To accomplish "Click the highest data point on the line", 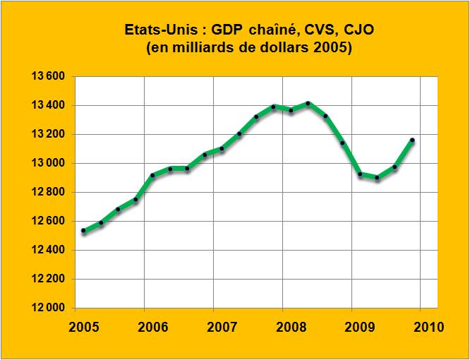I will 308,104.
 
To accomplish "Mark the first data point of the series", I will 83,231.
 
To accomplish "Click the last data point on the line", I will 412,140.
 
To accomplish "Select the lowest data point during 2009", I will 378,177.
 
